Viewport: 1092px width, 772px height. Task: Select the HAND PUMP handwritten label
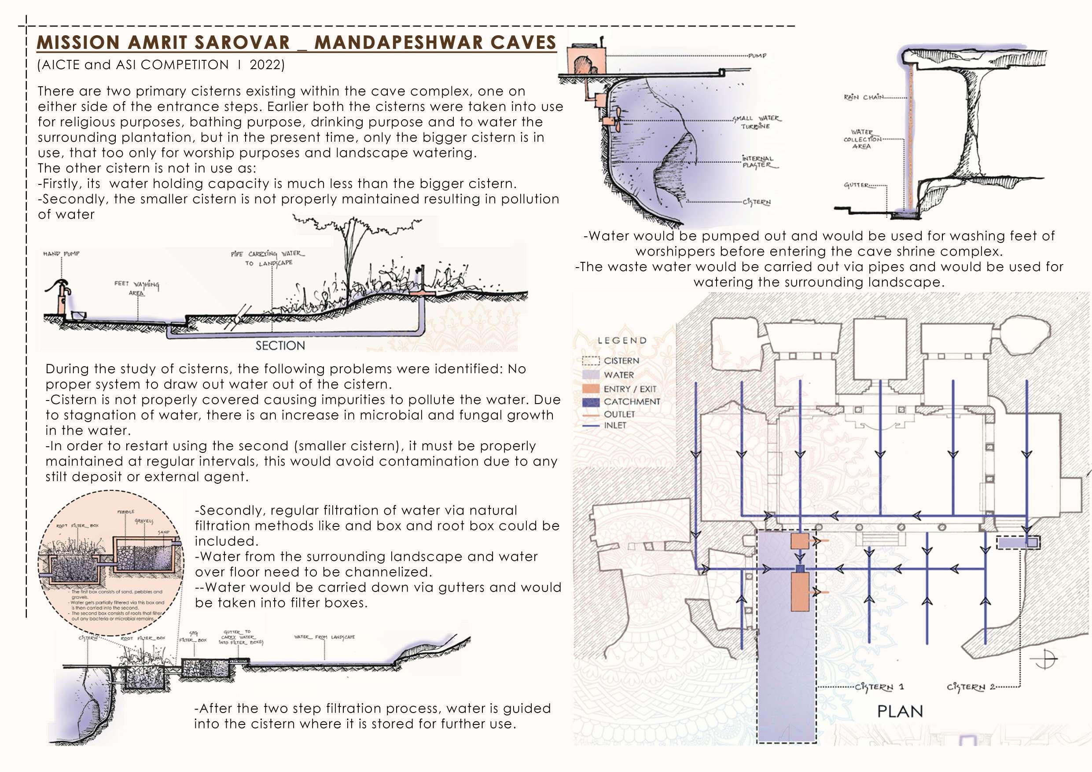pos(61,254)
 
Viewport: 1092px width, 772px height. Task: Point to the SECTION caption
pos(280,346)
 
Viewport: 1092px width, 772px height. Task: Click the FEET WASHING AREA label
pos(136,288)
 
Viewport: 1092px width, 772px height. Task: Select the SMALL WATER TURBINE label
pos(756,122)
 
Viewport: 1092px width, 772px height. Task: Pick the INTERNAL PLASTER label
pos(759,162)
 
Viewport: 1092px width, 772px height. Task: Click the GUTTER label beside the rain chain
pos(857,185)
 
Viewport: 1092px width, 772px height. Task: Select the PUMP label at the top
pos(757,55)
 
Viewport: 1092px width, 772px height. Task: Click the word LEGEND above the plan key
pos(622,341)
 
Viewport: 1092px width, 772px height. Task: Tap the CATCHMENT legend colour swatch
pos(591,401)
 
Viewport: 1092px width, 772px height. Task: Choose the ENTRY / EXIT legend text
pos(630,389)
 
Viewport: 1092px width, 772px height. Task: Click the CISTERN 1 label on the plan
pos(879,687)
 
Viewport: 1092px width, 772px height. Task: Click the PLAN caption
pos(900,712)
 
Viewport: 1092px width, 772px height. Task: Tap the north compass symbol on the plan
pos(1044,659)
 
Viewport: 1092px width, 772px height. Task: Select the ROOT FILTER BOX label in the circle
pos(77,526)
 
